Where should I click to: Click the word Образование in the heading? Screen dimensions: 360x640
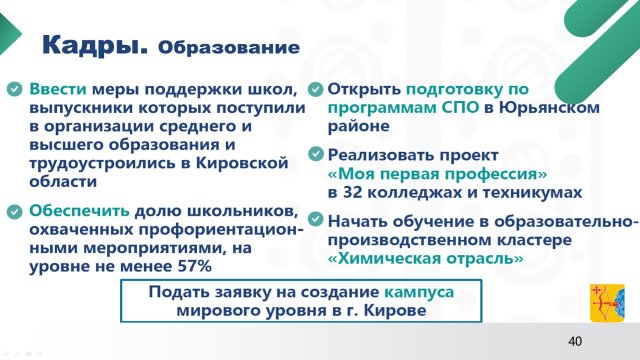tap(229, 47)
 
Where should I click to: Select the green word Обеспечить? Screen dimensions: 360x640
tap(79, 211)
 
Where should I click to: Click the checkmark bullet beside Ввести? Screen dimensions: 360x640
tap(14, 90)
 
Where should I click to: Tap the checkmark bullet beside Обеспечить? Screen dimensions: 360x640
tap(14, 211)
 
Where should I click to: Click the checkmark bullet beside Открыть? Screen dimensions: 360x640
tap(315, 90)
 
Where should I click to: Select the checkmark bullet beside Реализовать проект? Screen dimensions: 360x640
tap(315, 154)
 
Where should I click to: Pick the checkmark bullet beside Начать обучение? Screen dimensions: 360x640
tap(315, 219)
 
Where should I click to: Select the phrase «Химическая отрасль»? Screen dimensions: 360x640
tap(425, 258)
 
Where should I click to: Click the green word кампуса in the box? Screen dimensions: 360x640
tap(419, 292)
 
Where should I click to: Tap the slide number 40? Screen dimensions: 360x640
tap(575, 341)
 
